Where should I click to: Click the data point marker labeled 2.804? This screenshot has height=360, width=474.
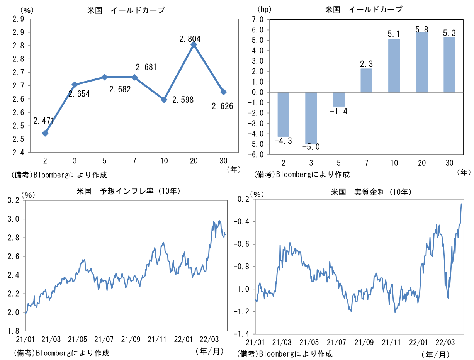(x=194, y=45)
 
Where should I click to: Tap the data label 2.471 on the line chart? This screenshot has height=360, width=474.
(x=44, y=121)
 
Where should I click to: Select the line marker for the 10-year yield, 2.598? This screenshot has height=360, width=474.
(x=164, y=99)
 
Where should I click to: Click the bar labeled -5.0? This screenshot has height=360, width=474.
(x=311, y=118)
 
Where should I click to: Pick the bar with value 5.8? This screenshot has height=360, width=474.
(x=421, y=62)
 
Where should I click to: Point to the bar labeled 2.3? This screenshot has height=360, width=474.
(x=366, y=80)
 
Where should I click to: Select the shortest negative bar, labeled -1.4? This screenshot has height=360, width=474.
(x=339, y=99)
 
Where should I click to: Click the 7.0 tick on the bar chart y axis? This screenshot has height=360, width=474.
(x=258, y=19)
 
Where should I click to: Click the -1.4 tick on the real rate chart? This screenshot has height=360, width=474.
(x=243, y=334)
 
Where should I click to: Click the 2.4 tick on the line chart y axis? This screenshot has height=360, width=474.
(x=19, y=153)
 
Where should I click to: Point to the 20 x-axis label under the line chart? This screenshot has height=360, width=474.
(x=194, y=161)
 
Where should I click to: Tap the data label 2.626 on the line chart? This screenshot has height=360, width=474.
(x=223, y=106)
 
